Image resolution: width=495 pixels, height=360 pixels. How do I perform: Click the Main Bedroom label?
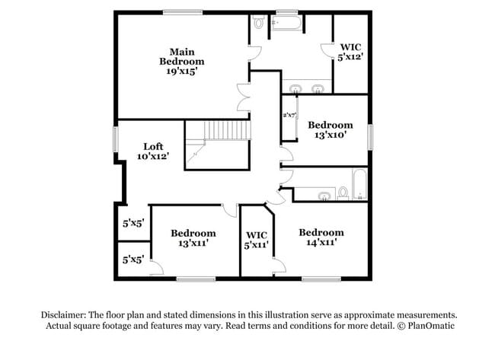click(x=182, y=56)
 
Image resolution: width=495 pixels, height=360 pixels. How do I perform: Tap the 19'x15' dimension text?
click(x=182, y=72)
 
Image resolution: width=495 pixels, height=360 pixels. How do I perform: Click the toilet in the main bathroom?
click(x=259, y=23)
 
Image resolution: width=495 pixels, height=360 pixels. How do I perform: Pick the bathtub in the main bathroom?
click(x=287, y=24)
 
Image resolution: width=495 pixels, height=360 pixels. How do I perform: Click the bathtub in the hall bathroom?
click(x=359, y=185)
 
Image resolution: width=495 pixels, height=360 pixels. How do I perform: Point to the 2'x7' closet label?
click(x=289, y=115)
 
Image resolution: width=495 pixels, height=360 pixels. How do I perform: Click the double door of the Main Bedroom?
click(x=244, y=98)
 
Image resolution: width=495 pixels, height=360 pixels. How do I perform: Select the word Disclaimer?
click(x=63, y=314)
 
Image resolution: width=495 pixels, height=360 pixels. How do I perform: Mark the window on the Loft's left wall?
click(x=116, y=139)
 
